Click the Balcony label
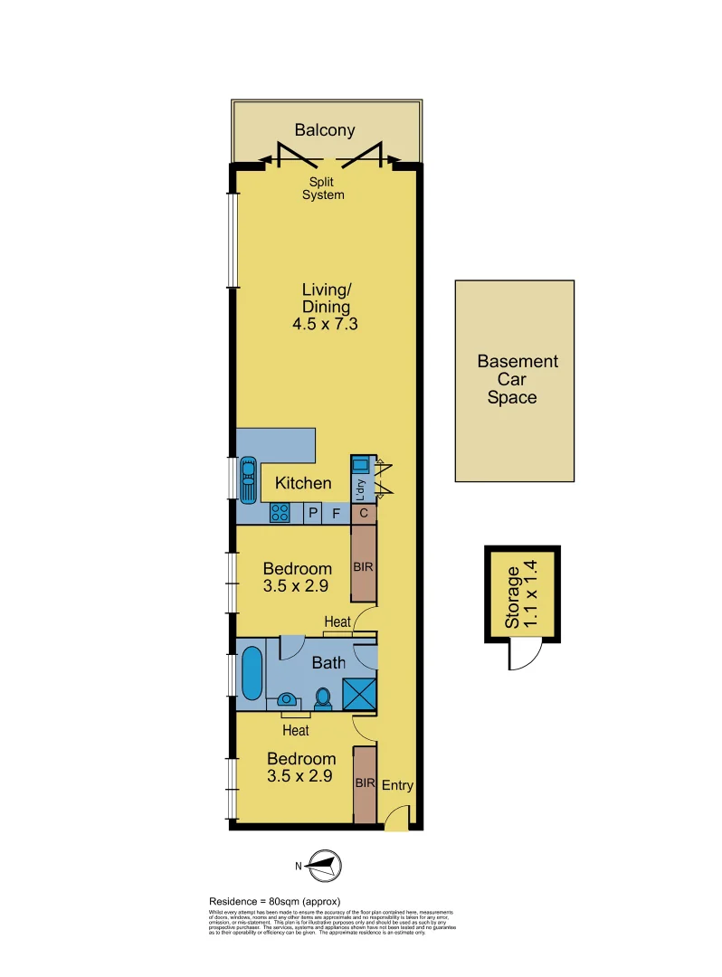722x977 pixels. click(324, 130)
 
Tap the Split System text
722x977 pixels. click(323, 188)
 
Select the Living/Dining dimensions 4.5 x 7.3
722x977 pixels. click(326, 324)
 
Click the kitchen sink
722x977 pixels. click(247, 476)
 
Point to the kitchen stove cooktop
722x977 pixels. click(280, 514)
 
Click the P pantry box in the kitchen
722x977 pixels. click(313, 514)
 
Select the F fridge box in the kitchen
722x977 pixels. click(337, 514)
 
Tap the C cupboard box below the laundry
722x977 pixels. click(363, 514)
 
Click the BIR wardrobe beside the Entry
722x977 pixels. click(364, 784)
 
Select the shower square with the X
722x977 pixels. click(359, 693)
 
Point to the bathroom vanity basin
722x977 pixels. click(287, 699)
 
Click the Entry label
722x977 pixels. click(397, 785)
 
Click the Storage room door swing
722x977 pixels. click(522, 653)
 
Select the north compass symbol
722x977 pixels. click(323, 866)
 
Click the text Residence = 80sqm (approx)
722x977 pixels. click(274, 901)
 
